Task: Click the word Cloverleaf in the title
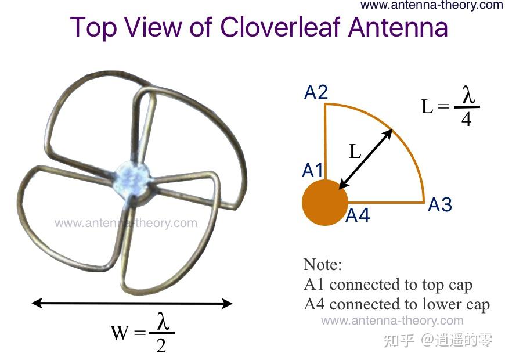click(282, 28)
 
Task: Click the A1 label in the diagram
click(313, 170)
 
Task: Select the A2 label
click(316, 92)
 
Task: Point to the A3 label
click(440, 205)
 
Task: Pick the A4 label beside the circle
click(358, 216)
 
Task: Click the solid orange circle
click(324, 202)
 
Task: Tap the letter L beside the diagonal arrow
click(355, 152)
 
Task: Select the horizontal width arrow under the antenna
click(132, 303)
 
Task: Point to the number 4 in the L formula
click(466, 120)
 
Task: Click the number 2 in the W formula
click(161, 345)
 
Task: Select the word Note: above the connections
click(323, 265)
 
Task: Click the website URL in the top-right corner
click(431, 5)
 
